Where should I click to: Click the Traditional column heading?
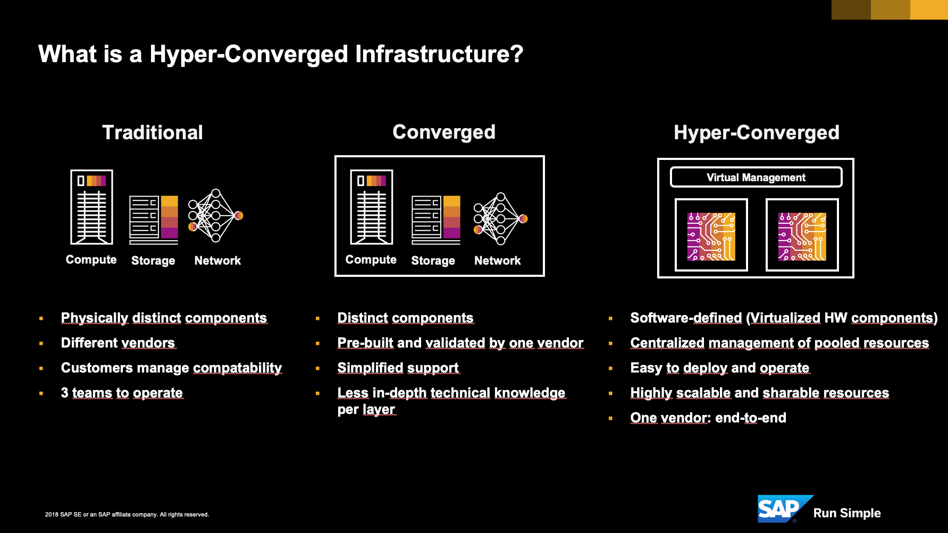(x=153, y=132)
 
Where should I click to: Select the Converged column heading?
(x=444, y=132)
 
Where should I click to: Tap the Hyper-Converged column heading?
(x=757, y=132)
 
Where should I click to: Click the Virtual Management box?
(x=756, y=177)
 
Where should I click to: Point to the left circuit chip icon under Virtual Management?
(x=711, y=235)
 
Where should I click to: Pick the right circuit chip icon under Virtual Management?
(x=802, y=235)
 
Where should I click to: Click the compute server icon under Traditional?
(x=92, y=207)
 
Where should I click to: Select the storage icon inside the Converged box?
(x=436, y=220)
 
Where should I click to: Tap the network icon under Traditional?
(x=215, y=215)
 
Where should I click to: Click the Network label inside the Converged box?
(x=498, y=260)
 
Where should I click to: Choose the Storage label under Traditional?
(x=153, y=260)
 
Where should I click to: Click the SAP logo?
(x=785, y=509)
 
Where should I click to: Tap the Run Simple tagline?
(x=847, y=513)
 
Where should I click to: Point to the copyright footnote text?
(x=127, y=514)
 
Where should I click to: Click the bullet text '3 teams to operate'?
(x=122, y=393)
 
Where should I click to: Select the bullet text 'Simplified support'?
(x=398, y=368)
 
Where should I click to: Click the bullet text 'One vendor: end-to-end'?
(x=708, y=418)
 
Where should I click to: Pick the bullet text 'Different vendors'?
(x=118, y=343)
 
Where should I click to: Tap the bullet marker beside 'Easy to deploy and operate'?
(x=610, y=368)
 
